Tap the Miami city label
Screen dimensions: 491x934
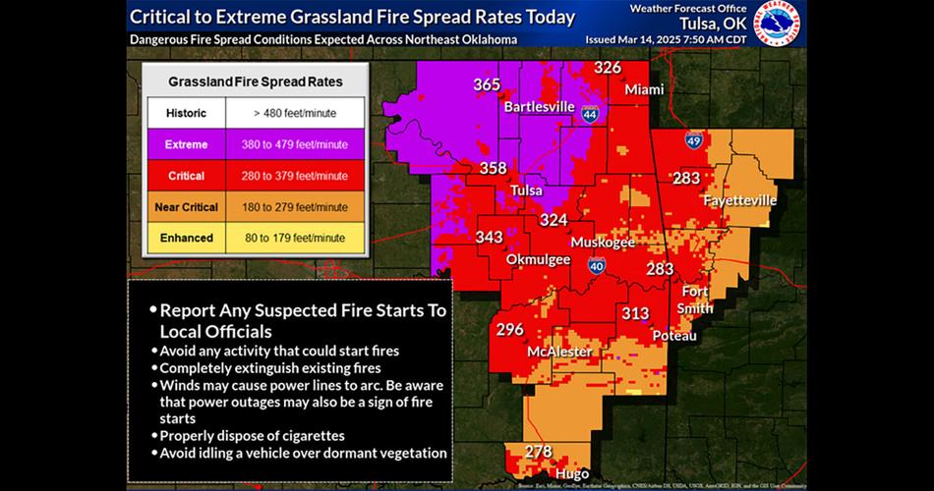coord(644,89)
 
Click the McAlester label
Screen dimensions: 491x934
coord(558,352)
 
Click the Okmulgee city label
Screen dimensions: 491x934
coord(537,259)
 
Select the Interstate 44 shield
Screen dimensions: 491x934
coord(589,114)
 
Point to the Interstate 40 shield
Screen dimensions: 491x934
coord(597,265)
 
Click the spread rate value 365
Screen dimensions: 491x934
coord(487,84)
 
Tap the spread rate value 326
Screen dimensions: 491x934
coord(608,68)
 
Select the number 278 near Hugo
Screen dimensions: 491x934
coord(538,452)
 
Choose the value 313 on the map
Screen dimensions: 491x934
coord(634,313)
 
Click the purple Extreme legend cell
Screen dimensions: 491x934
coord(186,144)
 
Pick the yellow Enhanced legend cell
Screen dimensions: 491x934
coord(186,238)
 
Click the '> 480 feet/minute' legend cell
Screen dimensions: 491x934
coord(294,113)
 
